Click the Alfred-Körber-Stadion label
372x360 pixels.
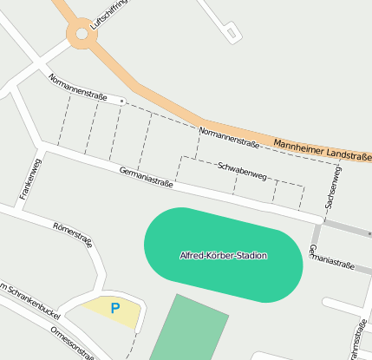pos(223,256)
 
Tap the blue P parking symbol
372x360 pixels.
pos(114,307)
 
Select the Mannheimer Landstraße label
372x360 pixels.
pos(321,148)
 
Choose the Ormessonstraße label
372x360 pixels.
pos(73,343)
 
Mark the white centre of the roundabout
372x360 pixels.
pos(82,34)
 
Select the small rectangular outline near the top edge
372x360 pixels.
pos(232,34)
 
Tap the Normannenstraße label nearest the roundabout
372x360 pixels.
pos(78,88)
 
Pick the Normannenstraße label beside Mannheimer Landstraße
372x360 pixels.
pos(229,136)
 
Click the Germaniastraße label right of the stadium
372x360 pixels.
pos(331,258)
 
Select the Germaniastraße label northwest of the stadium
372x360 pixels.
pos(147,178)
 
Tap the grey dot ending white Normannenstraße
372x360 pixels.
pos(122,101)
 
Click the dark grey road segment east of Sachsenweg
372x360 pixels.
pos(347,227)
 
